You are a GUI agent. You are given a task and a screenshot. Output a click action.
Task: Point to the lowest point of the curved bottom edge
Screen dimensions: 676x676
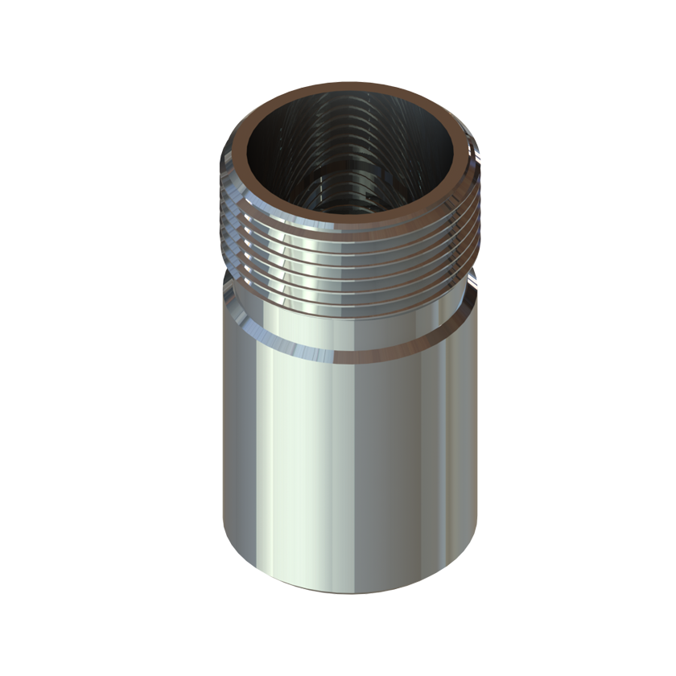click(350, 594)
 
